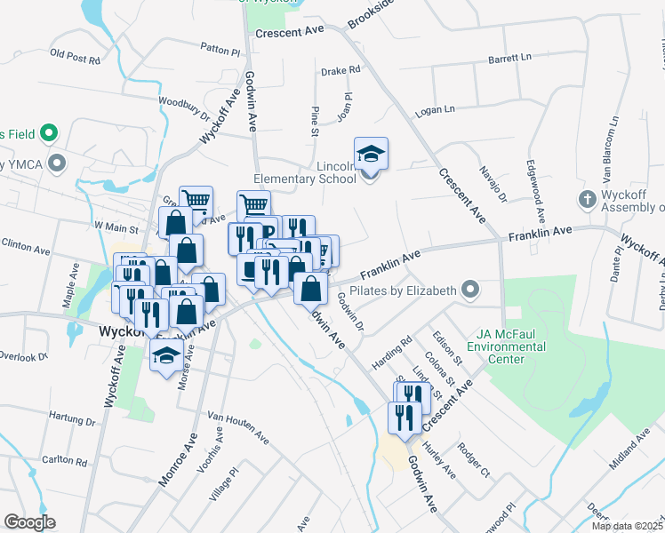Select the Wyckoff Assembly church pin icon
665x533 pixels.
click(587, 199)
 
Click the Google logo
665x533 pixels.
click(29, 522)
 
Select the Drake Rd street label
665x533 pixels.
click(341, 69)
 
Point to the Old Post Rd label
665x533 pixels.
click(75, 56)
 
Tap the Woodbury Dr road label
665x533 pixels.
click(188, 108)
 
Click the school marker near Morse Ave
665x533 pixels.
click(165, 358)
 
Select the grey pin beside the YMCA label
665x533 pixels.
click(59, 163)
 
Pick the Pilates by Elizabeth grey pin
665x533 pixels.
click(470, 290)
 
